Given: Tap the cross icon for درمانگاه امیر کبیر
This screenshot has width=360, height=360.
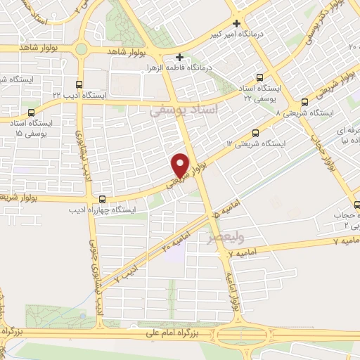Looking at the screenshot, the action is pyautogui.click(x=238, y=22).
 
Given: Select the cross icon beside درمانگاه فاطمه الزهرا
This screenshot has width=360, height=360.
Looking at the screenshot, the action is pyautogui.click(x=180, y=57).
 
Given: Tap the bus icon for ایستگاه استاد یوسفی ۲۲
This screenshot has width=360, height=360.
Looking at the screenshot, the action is pyautogui.click(x=260, y=77).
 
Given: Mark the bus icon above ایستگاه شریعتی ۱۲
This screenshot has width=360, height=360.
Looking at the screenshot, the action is pyautogui.click(x=256, y=131).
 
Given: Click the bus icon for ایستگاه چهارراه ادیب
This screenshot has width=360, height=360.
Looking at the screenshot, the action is pyautogui.click(x=103, y=199).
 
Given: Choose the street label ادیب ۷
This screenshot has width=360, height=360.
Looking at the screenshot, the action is pyautogui.click(x=127, y=266).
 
